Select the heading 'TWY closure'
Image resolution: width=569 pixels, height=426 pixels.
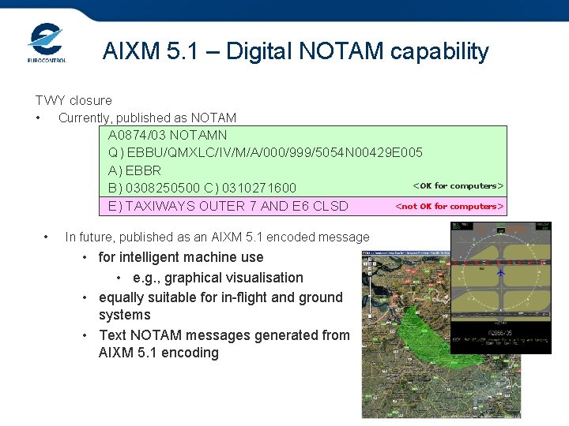tap(73, 100)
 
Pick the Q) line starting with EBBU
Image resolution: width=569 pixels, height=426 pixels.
tap(265, 152)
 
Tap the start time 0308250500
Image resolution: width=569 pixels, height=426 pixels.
tap(159, 189)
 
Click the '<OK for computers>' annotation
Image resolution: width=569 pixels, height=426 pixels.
tap(458, 186)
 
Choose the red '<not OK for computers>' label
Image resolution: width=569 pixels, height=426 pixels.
tap(449, 207)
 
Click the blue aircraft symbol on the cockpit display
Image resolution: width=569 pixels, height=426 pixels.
tap(500, 271)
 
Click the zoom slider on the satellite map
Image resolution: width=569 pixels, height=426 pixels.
tap(368, 292)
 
